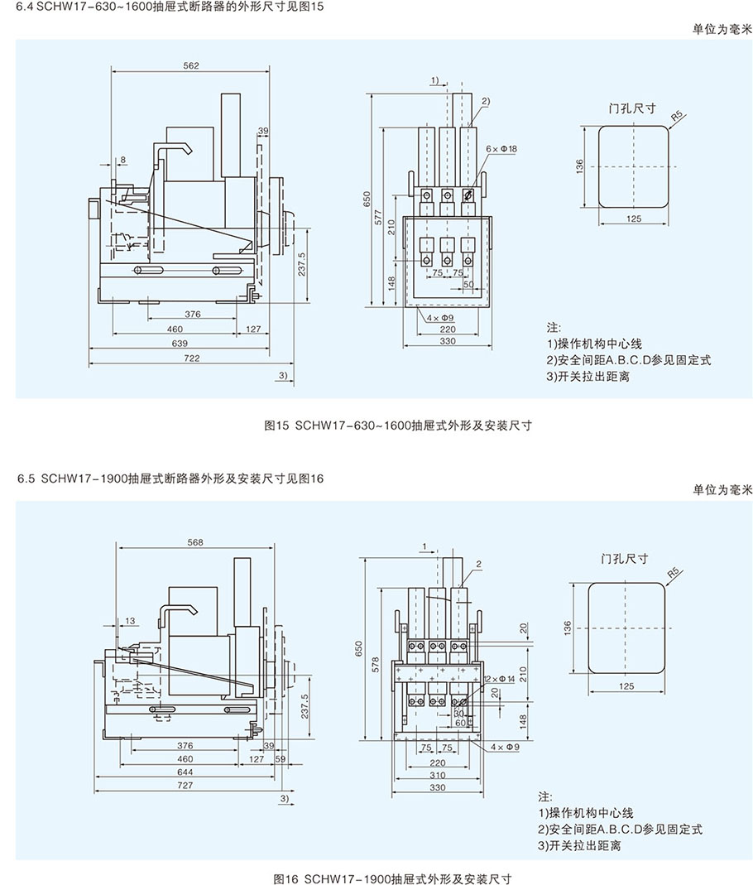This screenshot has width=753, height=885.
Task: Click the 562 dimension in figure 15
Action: [191, 66]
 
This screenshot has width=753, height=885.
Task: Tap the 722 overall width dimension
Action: [193, 358]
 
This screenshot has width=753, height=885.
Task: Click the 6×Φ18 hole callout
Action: [501, 148]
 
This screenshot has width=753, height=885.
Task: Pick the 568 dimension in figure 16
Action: [195, 542]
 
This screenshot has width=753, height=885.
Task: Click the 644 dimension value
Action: [185, 772]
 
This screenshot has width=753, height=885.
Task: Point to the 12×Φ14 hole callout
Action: [499, 678]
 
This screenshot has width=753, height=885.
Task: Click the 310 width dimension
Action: [437, 775]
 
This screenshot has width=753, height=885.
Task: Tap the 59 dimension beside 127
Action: [280, 758]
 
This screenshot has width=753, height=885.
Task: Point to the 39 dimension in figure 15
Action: [262, 131]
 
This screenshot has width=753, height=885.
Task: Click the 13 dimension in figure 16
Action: [131, 620]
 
